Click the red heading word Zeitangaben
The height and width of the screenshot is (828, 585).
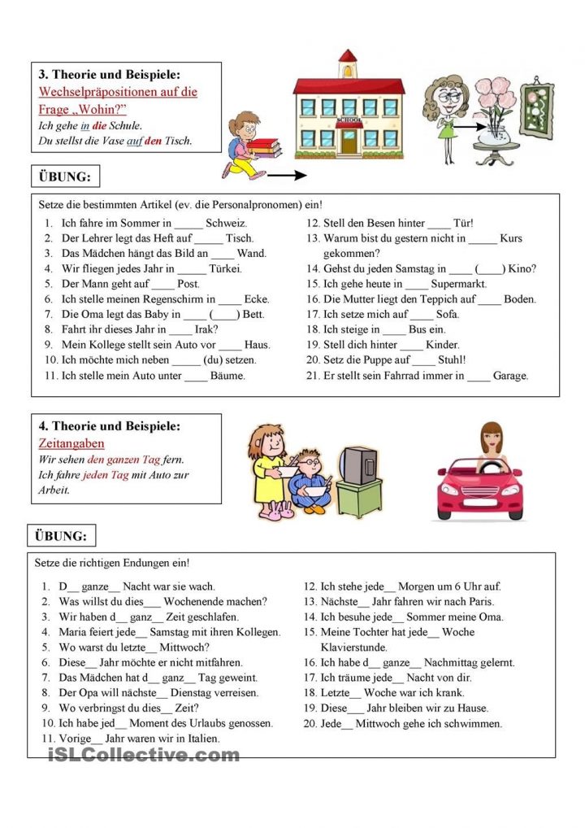pos(71,443)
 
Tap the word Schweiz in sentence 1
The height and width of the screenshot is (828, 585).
pos(226,223)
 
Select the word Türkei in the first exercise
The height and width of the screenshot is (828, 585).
pos(227,268)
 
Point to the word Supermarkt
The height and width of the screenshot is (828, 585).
pos(459,284)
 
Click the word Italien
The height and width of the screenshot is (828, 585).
pos(199,739)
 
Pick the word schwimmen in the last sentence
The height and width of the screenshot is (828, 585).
pos(475,723)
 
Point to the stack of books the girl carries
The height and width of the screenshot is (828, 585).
pos(262,147)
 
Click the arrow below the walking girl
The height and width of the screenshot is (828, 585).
pos(286,174)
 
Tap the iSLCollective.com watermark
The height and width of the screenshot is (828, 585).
pos(143,755)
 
